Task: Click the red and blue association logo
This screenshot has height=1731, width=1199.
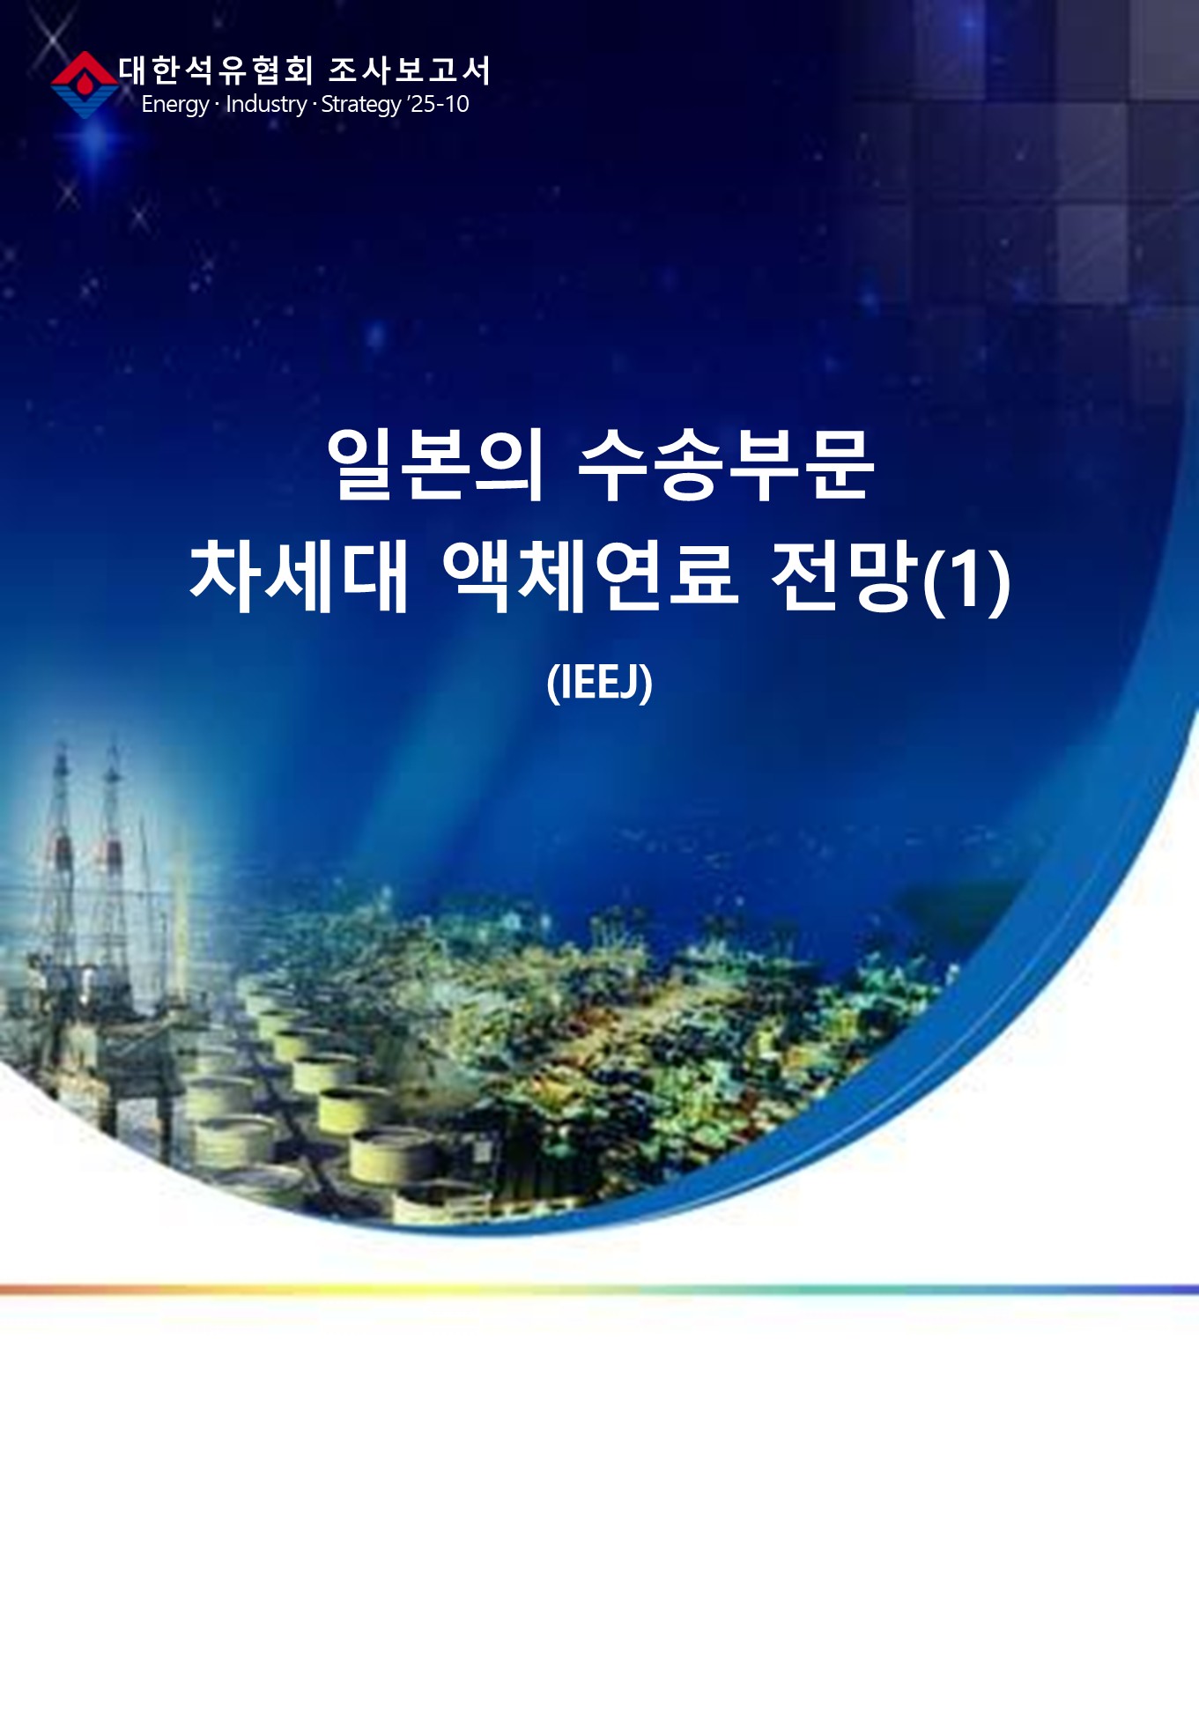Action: [x=84, y=85]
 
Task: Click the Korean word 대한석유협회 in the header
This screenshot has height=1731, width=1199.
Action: [x=216, y=70]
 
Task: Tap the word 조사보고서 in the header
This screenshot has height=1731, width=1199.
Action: [x=410, y=70]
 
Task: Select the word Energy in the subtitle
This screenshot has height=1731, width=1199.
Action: [x=174, y=105]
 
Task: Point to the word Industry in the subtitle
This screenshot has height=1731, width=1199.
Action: [x=266, y=104]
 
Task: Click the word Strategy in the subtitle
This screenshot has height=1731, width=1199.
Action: [x=361, y=105]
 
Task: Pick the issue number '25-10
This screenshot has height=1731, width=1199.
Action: [x=438, y=104]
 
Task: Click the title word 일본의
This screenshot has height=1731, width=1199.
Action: [x=435, y=465]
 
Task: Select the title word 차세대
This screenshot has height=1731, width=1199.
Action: [x=299, y=576]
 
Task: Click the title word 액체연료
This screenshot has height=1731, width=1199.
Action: [x=589, y=576]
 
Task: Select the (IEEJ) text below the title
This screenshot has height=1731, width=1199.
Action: [x=599, y=683]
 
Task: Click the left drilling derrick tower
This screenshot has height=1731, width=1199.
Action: [x=59, y=872]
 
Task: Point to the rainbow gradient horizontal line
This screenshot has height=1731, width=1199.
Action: [x=599, y=1290]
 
